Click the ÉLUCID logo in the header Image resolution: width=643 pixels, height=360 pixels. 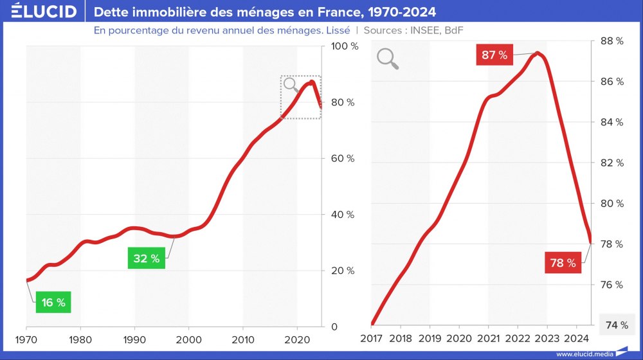(x=43, y=12)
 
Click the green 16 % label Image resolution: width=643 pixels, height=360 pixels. (x=53, y=302)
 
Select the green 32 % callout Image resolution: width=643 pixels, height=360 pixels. (x=146, y=258)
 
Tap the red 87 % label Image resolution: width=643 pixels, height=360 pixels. (x=494, y=55)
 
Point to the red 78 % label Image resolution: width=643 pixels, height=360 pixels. (x=563, y=263)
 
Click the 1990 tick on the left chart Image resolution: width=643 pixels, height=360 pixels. (x=134, y=339)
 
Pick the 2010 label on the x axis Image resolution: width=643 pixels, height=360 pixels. (x=242, y=339)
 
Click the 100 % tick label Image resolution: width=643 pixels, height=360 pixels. (x=344, y=46)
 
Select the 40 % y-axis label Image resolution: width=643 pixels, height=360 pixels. (x=343, y=215)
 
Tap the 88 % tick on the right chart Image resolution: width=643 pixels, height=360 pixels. (x=611, y=41)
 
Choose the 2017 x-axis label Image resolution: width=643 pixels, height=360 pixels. (x=371, y=339)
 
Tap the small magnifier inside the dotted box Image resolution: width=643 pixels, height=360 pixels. (x=291, y=84)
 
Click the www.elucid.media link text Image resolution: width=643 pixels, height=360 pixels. (x=584, y=354)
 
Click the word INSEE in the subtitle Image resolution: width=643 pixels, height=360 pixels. (x=424, y=30)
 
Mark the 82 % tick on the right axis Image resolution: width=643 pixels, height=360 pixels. (x=611, y=163)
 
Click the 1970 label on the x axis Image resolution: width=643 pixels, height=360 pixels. (x=26, y=339)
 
